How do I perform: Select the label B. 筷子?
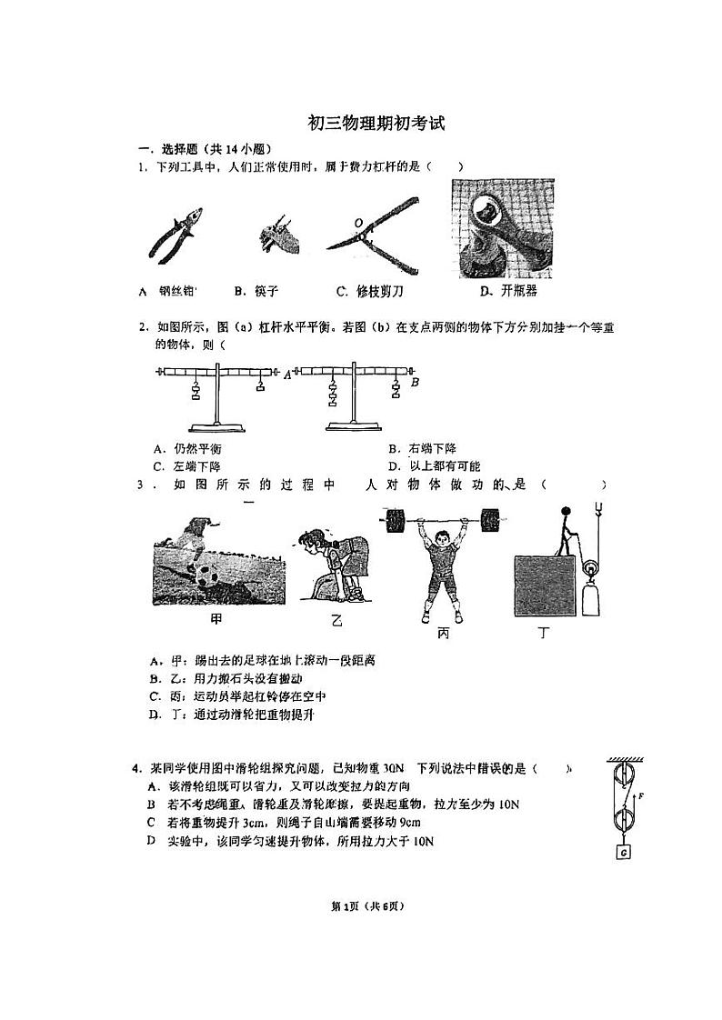tap(256, 291)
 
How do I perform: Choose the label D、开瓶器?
tap(507, 291)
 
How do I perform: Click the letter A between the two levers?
tap(287, 374)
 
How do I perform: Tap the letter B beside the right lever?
tap(414, 383)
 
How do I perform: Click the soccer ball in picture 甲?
tap(205, 575)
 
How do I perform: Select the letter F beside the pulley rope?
tap(641, 795)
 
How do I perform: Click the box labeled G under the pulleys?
tap(624, 852)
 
